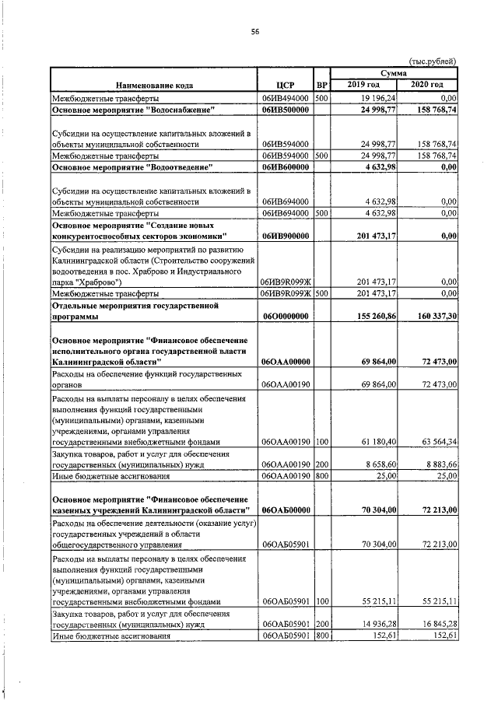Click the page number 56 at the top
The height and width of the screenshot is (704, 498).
click(x=254, y=32)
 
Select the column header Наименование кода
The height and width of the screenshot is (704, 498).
click(x=155, y=84)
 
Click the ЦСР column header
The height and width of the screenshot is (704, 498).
click(x=286, y=84)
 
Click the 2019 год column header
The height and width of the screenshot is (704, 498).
click(x=363, y=84)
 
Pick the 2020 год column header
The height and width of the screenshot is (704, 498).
click(x=427, y=84)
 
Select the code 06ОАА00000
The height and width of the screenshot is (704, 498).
click(x=286, y=362)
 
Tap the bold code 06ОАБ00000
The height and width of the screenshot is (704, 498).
click(x=286, y=510)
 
